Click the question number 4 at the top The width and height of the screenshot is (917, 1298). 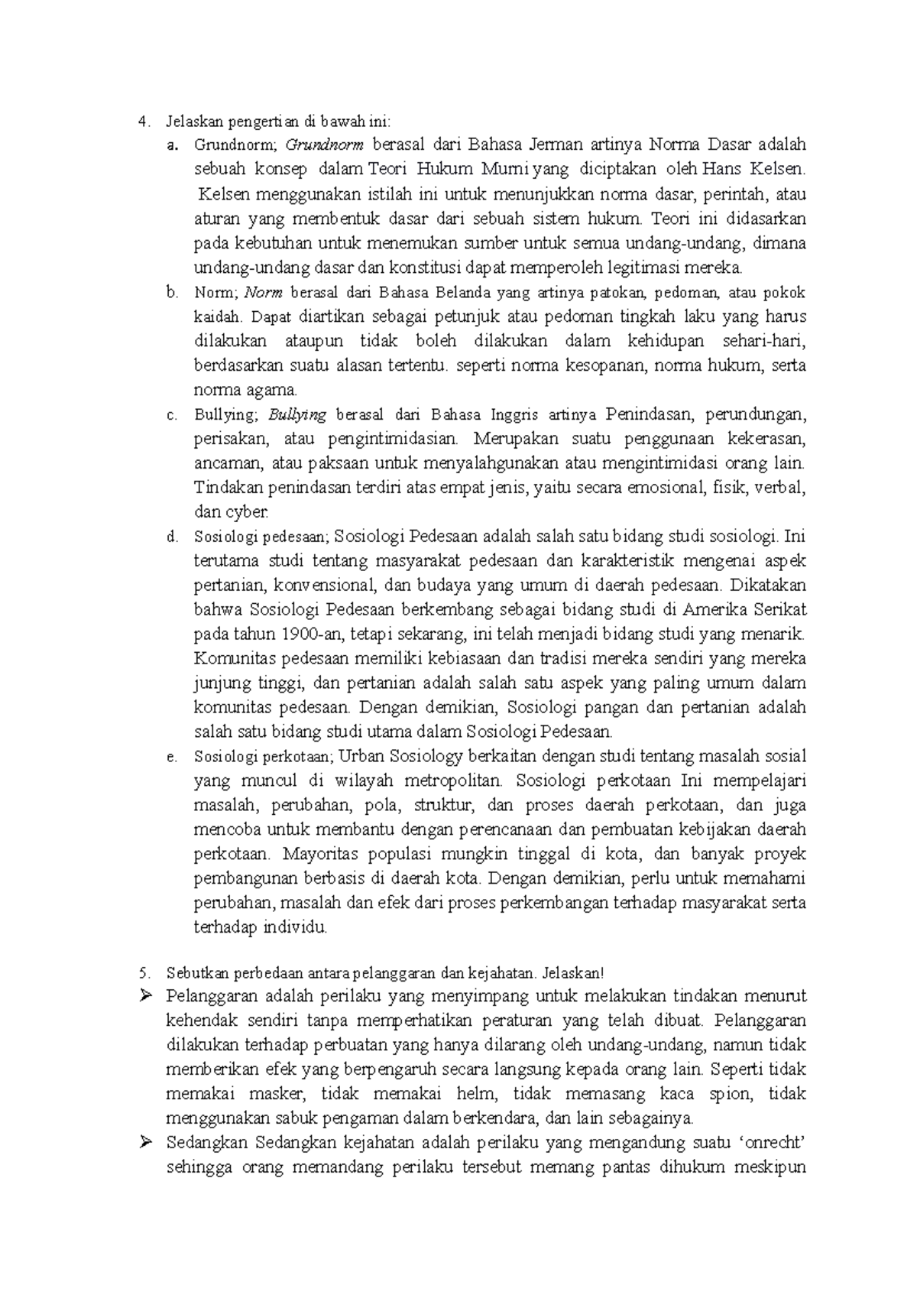tap(141, 120)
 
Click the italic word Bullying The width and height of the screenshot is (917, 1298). tap(297, 414)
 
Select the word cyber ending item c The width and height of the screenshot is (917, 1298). tap(245, 512)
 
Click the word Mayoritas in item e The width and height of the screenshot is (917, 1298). tap(315, 854)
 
